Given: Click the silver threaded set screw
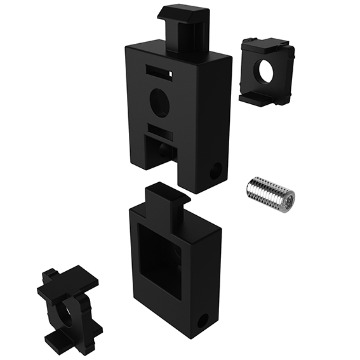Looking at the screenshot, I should pyautogui.click(x=269, y=193).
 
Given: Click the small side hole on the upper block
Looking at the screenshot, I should pyautogui.click(x=216, y=170).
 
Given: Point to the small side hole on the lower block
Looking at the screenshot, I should pyautogui.click(x=203, y=321).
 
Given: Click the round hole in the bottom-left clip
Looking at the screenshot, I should pyautogui.click(x=66, y=314).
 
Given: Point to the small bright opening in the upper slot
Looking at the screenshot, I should pyautogui.click(x=171, y=74).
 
